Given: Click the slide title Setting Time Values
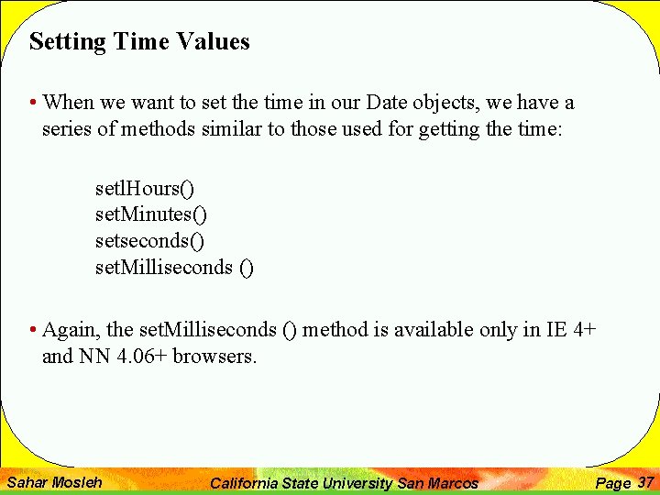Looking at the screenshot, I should tap(139, 42).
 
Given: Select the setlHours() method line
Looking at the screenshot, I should tap(145, 189).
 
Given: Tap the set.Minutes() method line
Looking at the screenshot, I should tap(151, 214).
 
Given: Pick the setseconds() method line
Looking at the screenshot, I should tap(150, 241).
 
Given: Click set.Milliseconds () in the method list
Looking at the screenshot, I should tap(174, 268).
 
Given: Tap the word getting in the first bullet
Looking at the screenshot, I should tap(449, 130).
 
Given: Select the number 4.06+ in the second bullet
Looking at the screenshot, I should tap(141, 356).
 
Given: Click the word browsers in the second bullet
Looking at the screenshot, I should tap(215, 356).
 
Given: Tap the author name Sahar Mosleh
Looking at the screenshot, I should tap(54, 482).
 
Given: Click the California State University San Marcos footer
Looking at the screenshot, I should tap(344, 483).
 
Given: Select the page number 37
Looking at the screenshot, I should tap(645, 482).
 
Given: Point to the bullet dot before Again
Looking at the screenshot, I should tap(33, 330).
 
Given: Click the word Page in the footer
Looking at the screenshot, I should tap(613, 483).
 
